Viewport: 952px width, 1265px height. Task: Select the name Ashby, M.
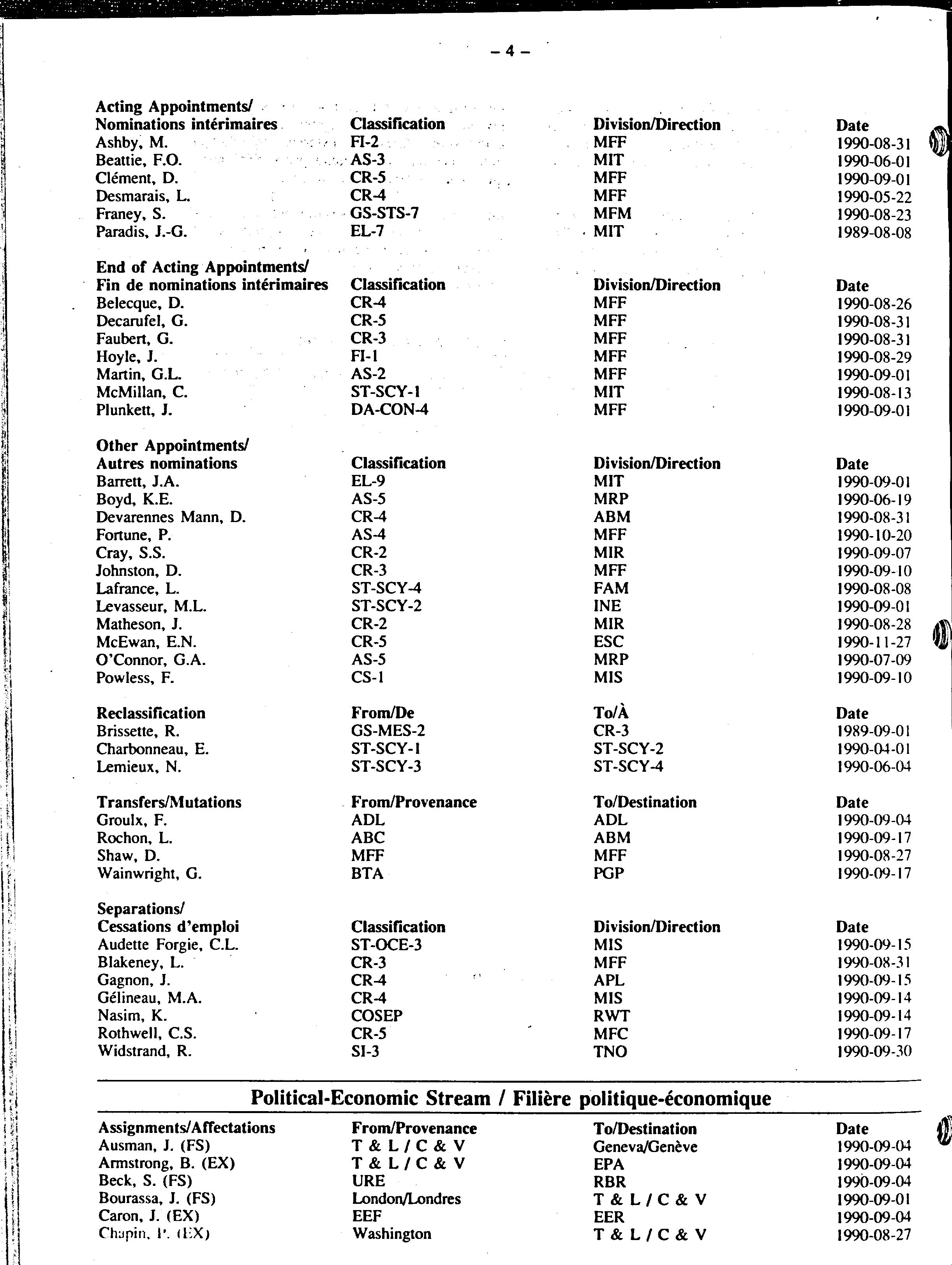(132, 143)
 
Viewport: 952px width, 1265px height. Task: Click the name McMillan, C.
(142, 392)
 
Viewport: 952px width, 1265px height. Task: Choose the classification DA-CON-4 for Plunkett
(390, 409)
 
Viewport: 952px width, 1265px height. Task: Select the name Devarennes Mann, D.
(170, 517)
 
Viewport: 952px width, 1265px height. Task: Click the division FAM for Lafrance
(611, 588)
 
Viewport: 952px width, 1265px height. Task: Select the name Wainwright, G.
(149, 873)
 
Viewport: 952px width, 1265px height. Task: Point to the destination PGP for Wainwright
(608, 873)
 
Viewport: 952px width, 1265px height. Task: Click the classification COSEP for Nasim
(376, 1016)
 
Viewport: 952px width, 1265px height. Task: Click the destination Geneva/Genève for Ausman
(645, 1146)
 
